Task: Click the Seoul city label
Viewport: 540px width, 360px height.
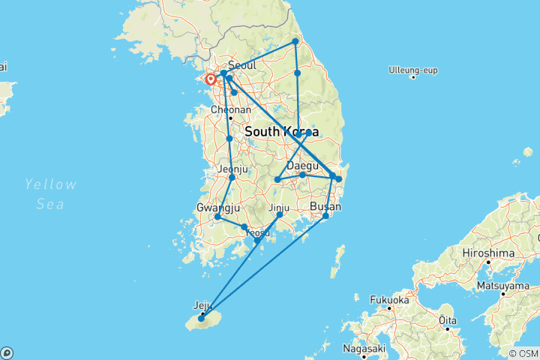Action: [241, 65]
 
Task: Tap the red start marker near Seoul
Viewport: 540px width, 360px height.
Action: [211, 79]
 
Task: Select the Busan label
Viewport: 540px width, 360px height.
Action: [325, 207]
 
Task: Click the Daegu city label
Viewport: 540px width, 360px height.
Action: [303, 165]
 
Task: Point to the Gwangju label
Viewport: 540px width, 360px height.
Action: [218, 207]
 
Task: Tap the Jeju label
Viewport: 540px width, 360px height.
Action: [203, 305]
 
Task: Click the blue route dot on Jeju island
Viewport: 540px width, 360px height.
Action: [201, 319]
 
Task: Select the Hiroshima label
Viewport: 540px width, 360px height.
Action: [487, 253]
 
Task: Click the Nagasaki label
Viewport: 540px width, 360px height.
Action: [364, 348]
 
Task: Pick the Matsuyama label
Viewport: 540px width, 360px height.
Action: [506, 285]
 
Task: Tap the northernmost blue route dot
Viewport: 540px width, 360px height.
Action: [295, 41]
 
